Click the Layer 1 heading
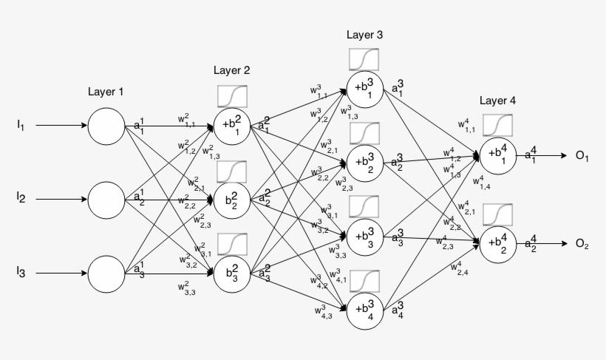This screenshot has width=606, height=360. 106,92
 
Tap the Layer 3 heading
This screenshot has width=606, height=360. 364,35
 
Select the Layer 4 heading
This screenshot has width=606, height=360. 497,101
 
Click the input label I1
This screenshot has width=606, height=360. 21,126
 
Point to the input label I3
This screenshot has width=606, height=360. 21,273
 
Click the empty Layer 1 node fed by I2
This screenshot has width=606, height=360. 106,199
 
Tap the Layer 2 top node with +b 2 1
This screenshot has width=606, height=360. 232,126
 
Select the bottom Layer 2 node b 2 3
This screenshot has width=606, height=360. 232,273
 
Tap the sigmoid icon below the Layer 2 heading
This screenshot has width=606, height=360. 232,96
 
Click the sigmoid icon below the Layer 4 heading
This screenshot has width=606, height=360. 497,126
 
